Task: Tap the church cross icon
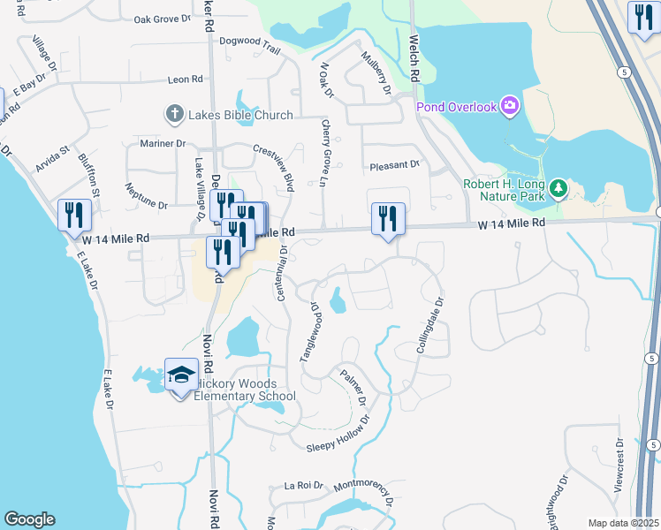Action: [173, 114]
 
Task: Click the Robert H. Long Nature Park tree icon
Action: [558, 187]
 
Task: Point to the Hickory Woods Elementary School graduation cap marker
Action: [181, 376]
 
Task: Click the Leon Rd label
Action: [185, 79]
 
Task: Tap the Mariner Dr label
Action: [163, 143]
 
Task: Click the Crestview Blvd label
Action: [273, 169]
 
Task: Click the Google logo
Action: [29, 519]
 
